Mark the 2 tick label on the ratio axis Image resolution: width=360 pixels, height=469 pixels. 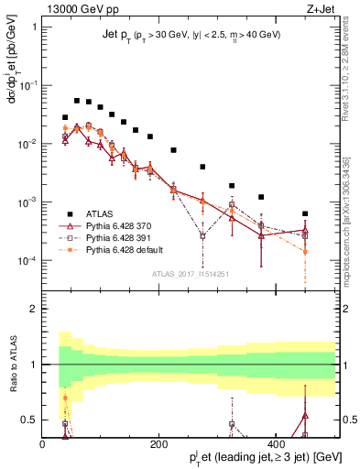(x=33, y=309)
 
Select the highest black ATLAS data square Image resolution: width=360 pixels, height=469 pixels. (x=77, y=100)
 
